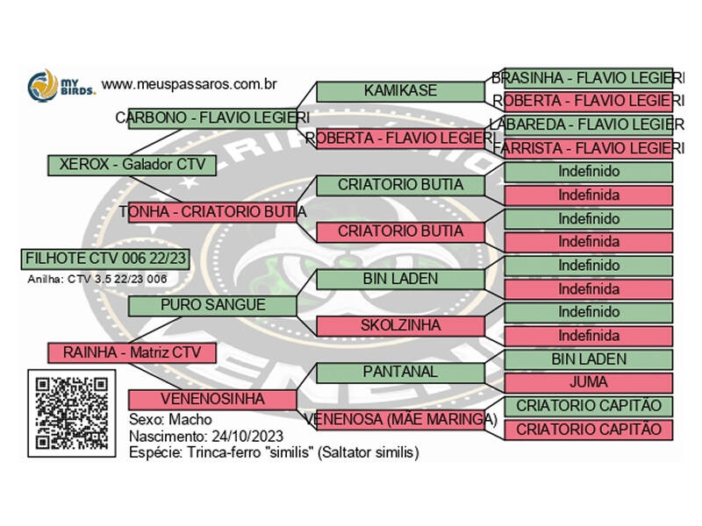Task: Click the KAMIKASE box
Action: point(400,90)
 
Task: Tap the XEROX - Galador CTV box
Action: point(131,164)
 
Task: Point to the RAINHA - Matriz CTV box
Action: point(131,352)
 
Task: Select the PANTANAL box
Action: point(400,372)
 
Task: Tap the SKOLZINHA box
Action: point(400,325)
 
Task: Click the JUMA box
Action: point(588,383)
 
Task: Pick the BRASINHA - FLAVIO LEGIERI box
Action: point(583,78)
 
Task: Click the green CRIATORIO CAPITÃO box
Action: point(588,407)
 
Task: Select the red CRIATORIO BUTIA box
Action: point(400,232)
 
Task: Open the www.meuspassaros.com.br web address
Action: point(190,85)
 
